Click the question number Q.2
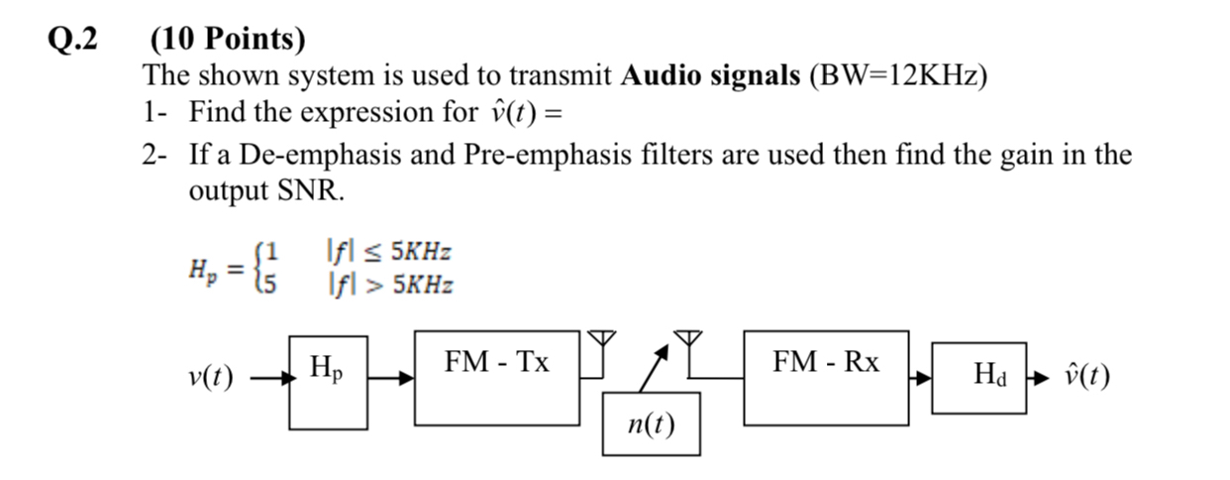74,40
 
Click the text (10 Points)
228,40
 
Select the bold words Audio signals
710,75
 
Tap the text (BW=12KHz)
898,75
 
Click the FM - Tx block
496,377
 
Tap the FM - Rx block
825,377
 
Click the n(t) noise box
651,423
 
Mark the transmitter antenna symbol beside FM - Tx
597,342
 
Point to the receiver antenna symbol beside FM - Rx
689,342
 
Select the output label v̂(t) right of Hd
1085,377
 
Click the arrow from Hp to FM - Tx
390,378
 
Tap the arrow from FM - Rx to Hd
921,378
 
